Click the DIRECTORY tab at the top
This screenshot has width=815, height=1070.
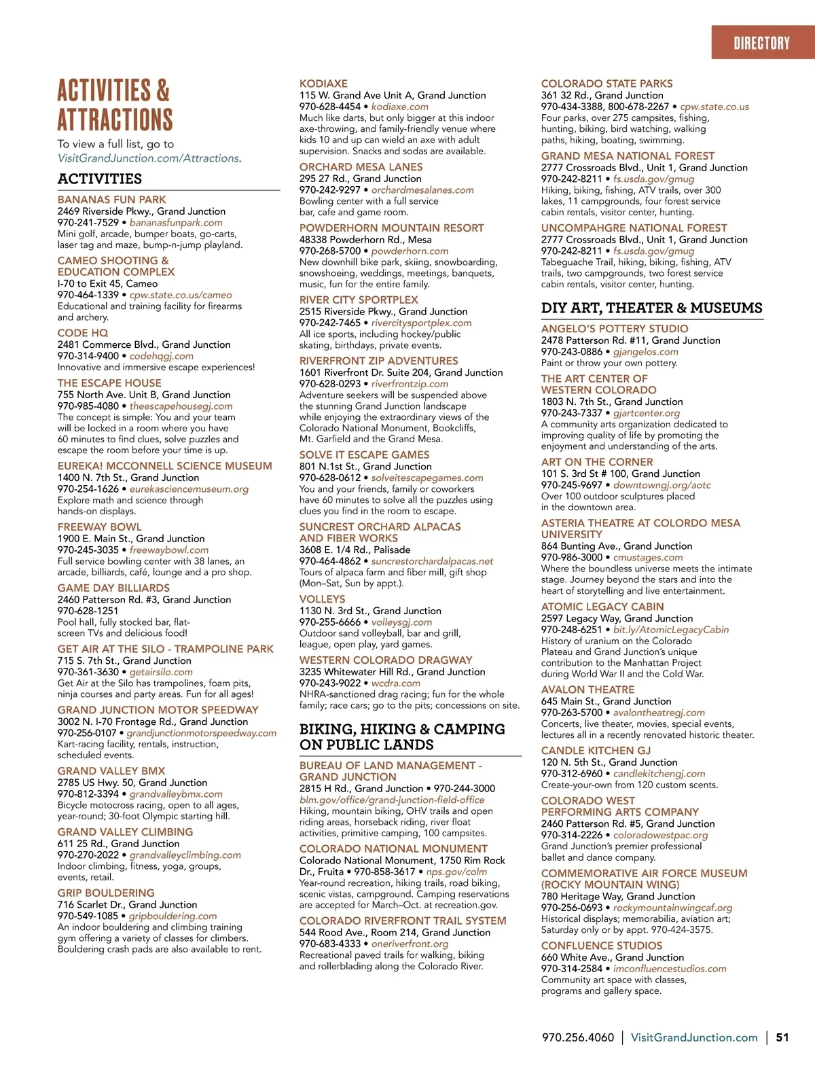761,43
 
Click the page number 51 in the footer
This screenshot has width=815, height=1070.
782,1037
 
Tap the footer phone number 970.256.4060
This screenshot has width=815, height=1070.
577,1037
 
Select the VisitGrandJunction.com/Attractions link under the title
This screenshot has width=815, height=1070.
149,158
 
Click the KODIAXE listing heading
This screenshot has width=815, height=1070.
323,84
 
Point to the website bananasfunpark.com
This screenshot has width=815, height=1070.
176,223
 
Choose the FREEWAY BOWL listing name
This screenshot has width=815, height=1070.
100,527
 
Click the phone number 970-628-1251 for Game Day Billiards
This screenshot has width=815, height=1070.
88,611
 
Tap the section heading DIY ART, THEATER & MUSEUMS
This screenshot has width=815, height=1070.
651,308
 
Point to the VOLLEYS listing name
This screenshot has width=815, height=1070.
323,599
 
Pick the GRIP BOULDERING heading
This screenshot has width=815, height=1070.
106,893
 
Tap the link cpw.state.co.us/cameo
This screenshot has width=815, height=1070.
181,295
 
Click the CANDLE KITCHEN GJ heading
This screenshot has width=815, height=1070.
596,751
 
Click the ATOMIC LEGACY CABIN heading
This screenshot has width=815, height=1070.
602,607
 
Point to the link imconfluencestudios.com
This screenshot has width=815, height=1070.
670,969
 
